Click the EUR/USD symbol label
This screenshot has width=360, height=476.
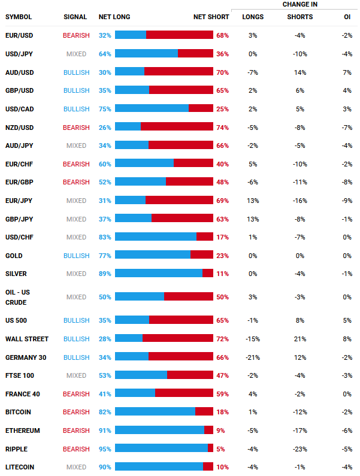[19, 35]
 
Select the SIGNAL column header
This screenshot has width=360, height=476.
[75, 17]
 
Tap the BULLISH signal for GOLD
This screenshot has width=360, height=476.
[76, 256]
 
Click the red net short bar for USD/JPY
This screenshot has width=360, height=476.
[195, 54]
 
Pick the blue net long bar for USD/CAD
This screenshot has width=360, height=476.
[152, 109]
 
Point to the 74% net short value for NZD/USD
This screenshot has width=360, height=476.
[222, 128]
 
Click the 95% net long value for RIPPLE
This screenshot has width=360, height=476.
[105, 449]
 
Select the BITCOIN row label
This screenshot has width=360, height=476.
[18, 413]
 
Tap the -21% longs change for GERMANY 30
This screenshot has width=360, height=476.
[252, 357]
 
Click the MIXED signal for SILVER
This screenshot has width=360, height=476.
[76, 274]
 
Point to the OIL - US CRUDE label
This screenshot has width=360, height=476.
[17, 297]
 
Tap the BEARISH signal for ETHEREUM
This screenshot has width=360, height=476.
[76, 430]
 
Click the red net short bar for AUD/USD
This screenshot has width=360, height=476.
[179, 72]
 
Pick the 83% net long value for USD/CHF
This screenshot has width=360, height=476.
[105, 237]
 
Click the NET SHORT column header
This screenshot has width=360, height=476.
[211, 17]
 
